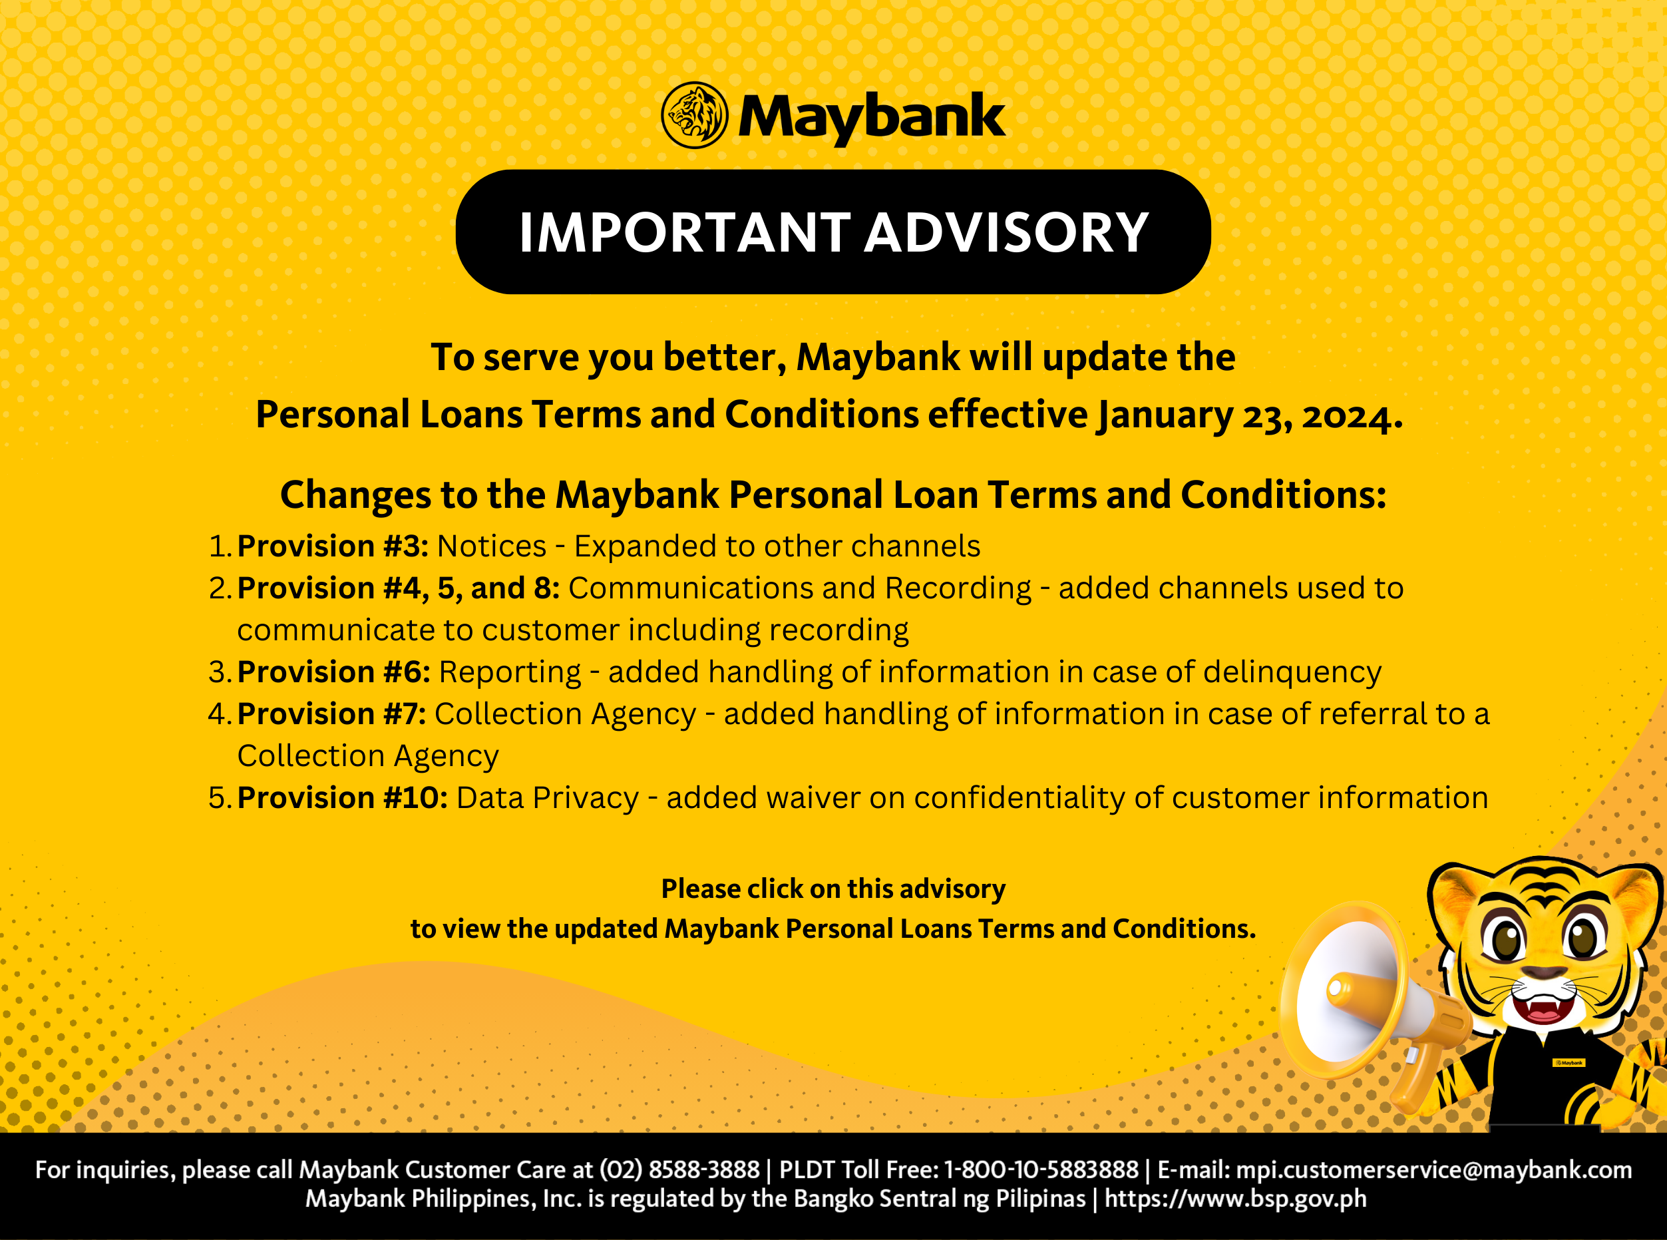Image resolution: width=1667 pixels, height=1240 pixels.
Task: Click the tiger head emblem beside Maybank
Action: pos(694,116)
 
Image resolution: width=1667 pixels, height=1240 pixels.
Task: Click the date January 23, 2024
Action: pos(1249,415)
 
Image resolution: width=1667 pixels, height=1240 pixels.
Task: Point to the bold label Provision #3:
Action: pos(333,546)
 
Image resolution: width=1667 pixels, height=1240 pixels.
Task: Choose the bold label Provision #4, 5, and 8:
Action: pos(398,588)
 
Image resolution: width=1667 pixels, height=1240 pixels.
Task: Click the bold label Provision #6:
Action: pos(333,672)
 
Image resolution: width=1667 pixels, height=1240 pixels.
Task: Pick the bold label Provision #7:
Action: pos(331,714)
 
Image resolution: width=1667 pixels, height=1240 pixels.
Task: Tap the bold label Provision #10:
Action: pos(342,798)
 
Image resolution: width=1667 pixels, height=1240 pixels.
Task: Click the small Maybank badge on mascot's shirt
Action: pos(1569,1063)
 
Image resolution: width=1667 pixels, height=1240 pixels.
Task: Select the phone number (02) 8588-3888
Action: pos(679,1169)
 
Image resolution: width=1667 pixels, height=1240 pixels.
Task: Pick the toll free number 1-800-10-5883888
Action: pos(1041,1169)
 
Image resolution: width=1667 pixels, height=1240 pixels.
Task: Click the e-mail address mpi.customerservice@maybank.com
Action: pos(1433,1169)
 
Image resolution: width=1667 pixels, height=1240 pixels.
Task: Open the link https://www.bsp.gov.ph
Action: pos(1235,1199)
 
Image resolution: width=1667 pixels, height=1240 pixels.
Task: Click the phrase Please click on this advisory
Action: pos(833,889)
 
